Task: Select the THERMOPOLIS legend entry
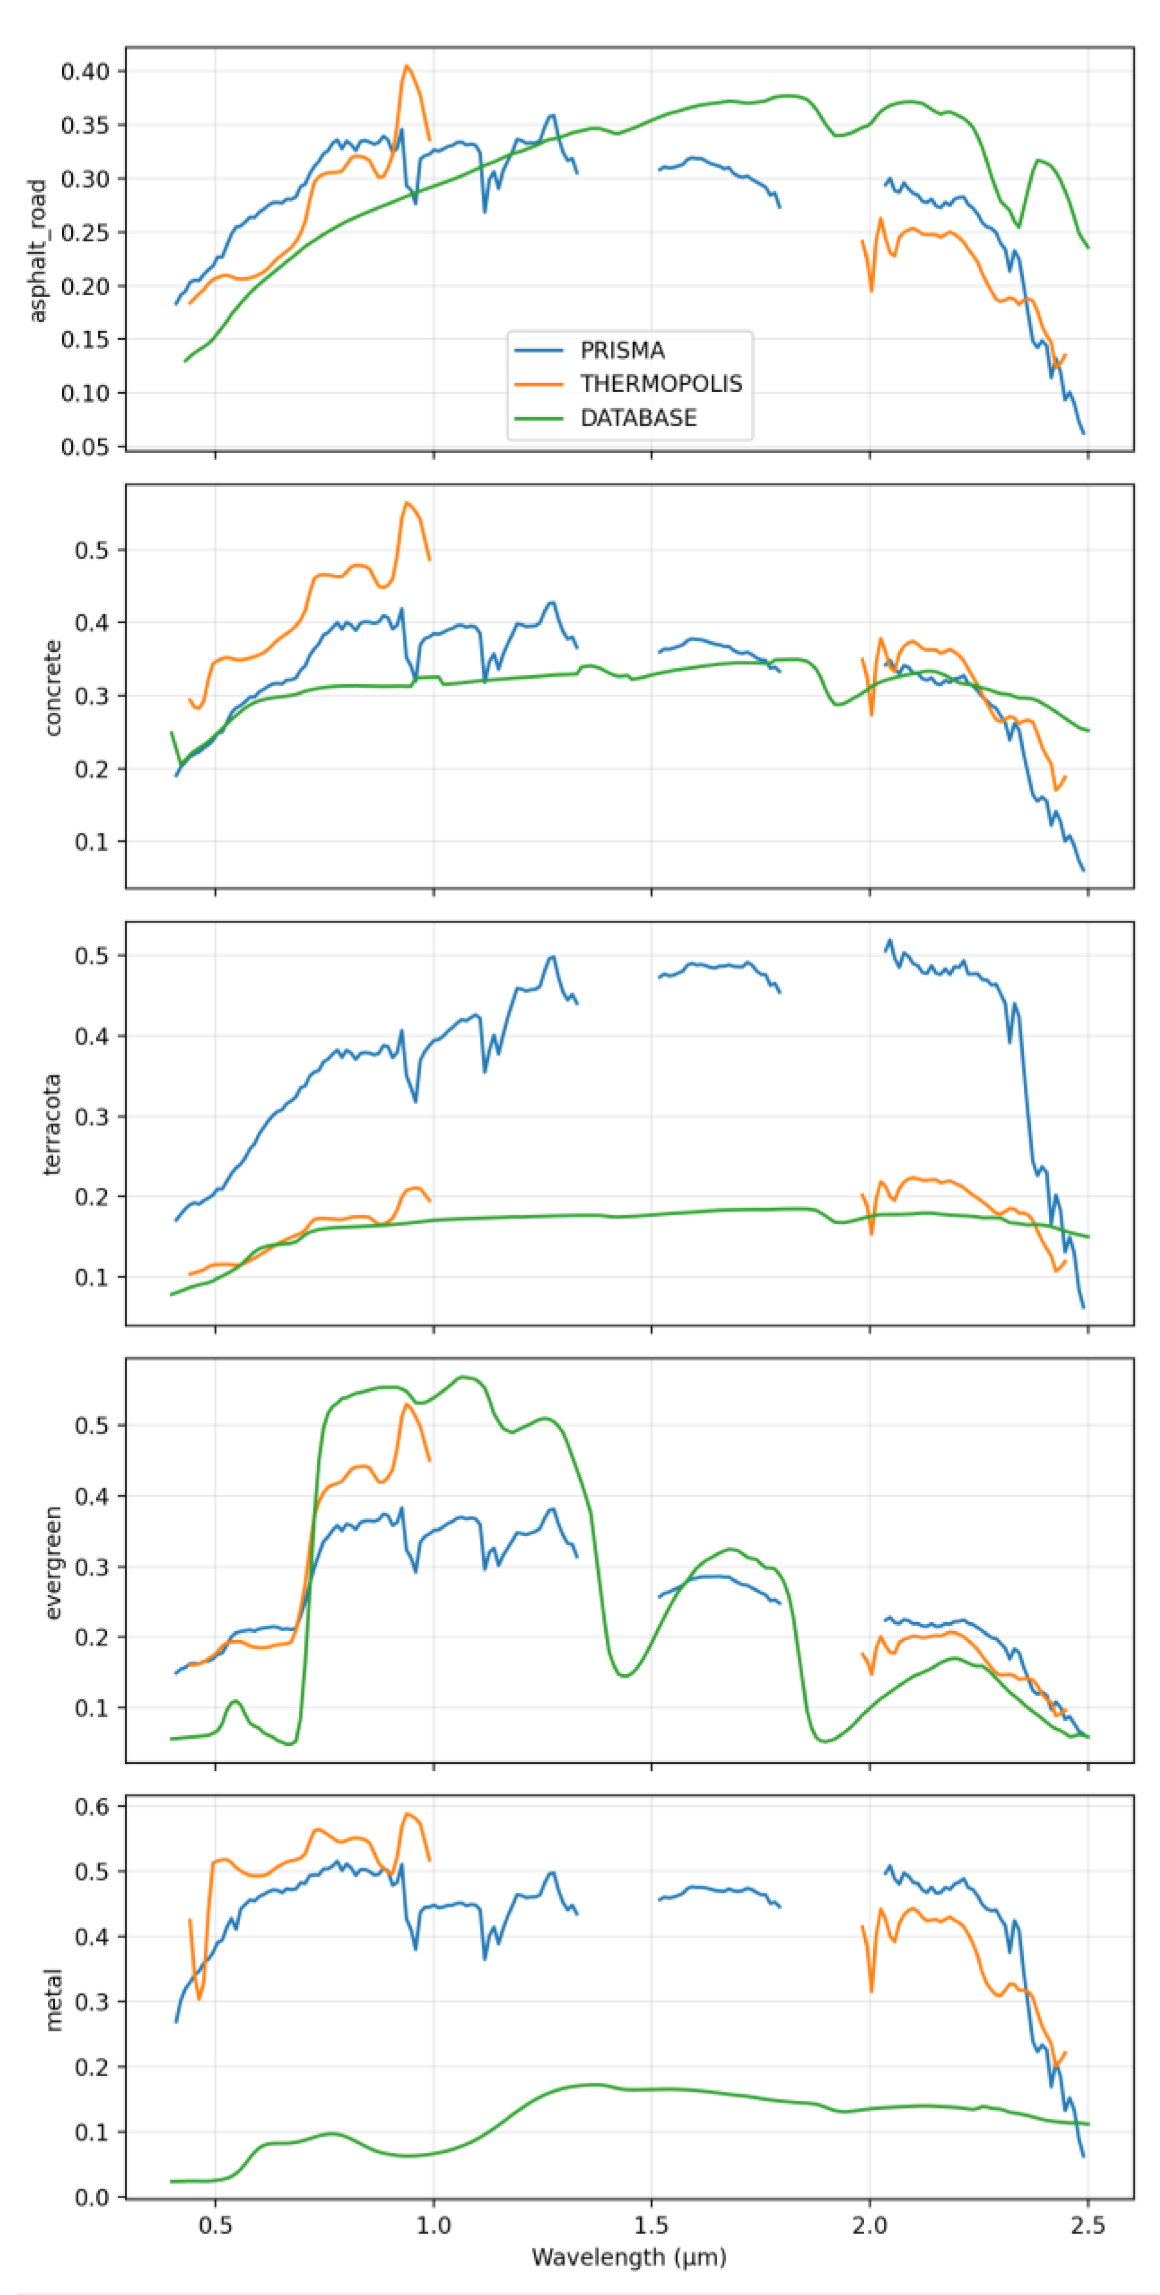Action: [660, 384]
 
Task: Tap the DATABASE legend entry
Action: [638, 418]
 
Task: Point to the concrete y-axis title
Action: [53, 688]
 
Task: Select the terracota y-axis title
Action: [53, 1124]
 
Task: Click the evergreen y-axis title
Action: [53, 1562]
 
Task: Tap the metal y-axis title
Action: [53, 1999]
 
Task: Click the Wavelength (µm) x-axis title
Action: [629, 2257]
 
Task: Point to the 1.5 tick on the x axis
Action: [651, 2226]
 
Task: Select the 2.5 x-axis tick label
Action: [1088, 2226]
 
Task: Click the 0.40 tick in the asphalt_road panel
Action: [85, 71]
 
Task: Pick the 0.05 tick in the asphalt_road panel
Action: [85, 448]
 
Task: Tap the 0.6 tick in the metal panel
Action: [92, 1806]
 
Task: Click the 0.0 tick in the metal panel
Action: [92, 2197]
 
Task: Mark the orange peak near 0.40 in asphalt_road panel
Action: [406, 66]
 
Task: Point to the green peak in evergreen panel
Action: [463, 1377]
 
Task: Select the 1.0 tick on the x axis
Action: [434, 2226]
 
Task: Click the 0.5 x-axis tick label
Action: [215, 2226]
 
